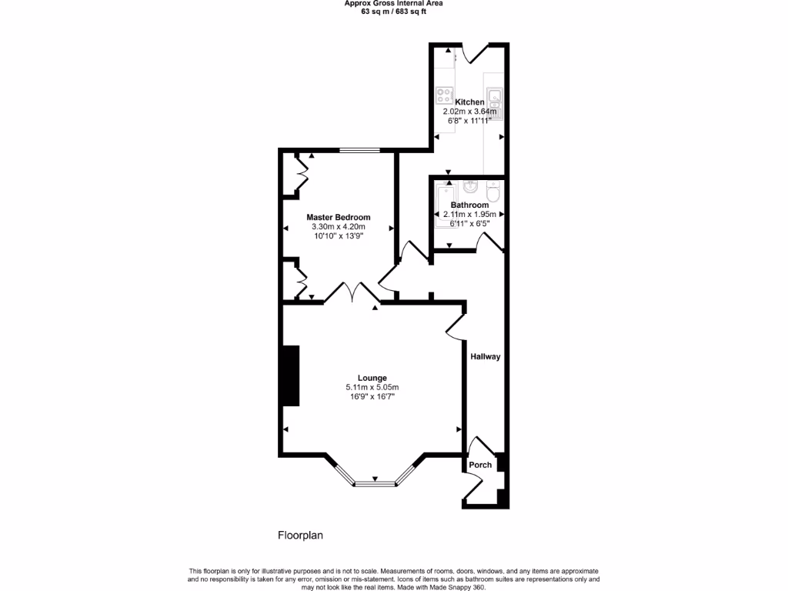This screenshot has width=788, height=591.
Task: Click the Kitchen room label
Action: [x=469, y=102]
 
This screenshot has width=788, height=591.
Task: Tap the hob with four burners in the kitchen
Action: [x=444, y=96]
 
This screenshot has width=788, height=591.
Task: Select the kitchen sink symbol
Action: [x=496, y=102]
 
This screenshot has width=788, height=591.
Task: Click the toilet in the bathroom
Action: [x=493, y=190]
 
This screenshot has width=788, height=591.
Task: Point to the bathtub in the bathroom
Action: [x=445, y=205]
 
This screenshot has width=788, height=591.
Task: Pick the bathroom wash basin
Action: [x=471, y=187]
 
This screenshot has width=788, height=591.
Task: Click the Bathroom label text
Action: [x=469, y=205]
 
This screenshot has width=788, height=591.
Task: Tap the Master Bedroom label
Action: [x=339, y=218]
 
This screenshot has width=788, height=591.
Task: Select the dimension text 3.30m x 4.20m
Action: [x=339, y=227]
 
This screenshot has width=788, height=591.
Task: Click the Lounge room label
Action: [x=372, y=378]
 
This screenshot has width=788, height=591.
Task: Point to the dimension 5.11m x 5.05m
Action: [x=372, y=387]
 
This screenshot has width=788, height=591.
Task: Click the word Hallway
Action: [x=486, y=357]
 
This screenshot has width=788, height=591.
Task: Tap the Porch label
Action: [x=480, y=465]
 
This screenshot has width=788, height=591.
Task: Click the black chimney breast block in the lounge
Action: [x=290, y=376]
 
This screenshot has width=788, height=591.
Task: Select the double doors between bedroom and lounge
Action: [x=350, y=292]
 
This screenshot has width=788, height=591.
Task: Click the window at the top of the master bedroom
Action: [x=360, y=151]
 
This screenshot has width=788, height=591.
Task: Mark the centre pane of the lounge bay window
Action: [x=375, y=483]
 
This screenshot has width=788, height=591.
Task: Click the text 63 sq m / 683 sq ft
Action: [x=393, y=12]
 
